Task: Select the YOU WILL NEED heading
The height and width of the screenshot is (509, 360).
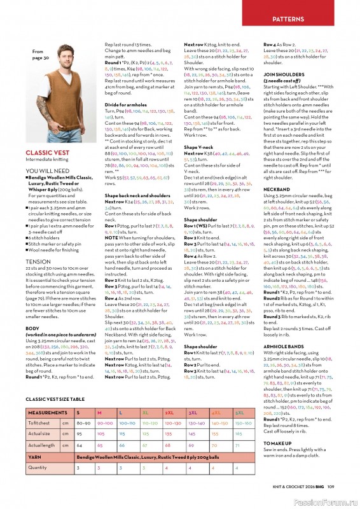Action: coord(48,171)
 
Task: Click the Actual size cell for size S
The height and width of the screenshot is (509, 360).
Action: coord(79,433)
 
